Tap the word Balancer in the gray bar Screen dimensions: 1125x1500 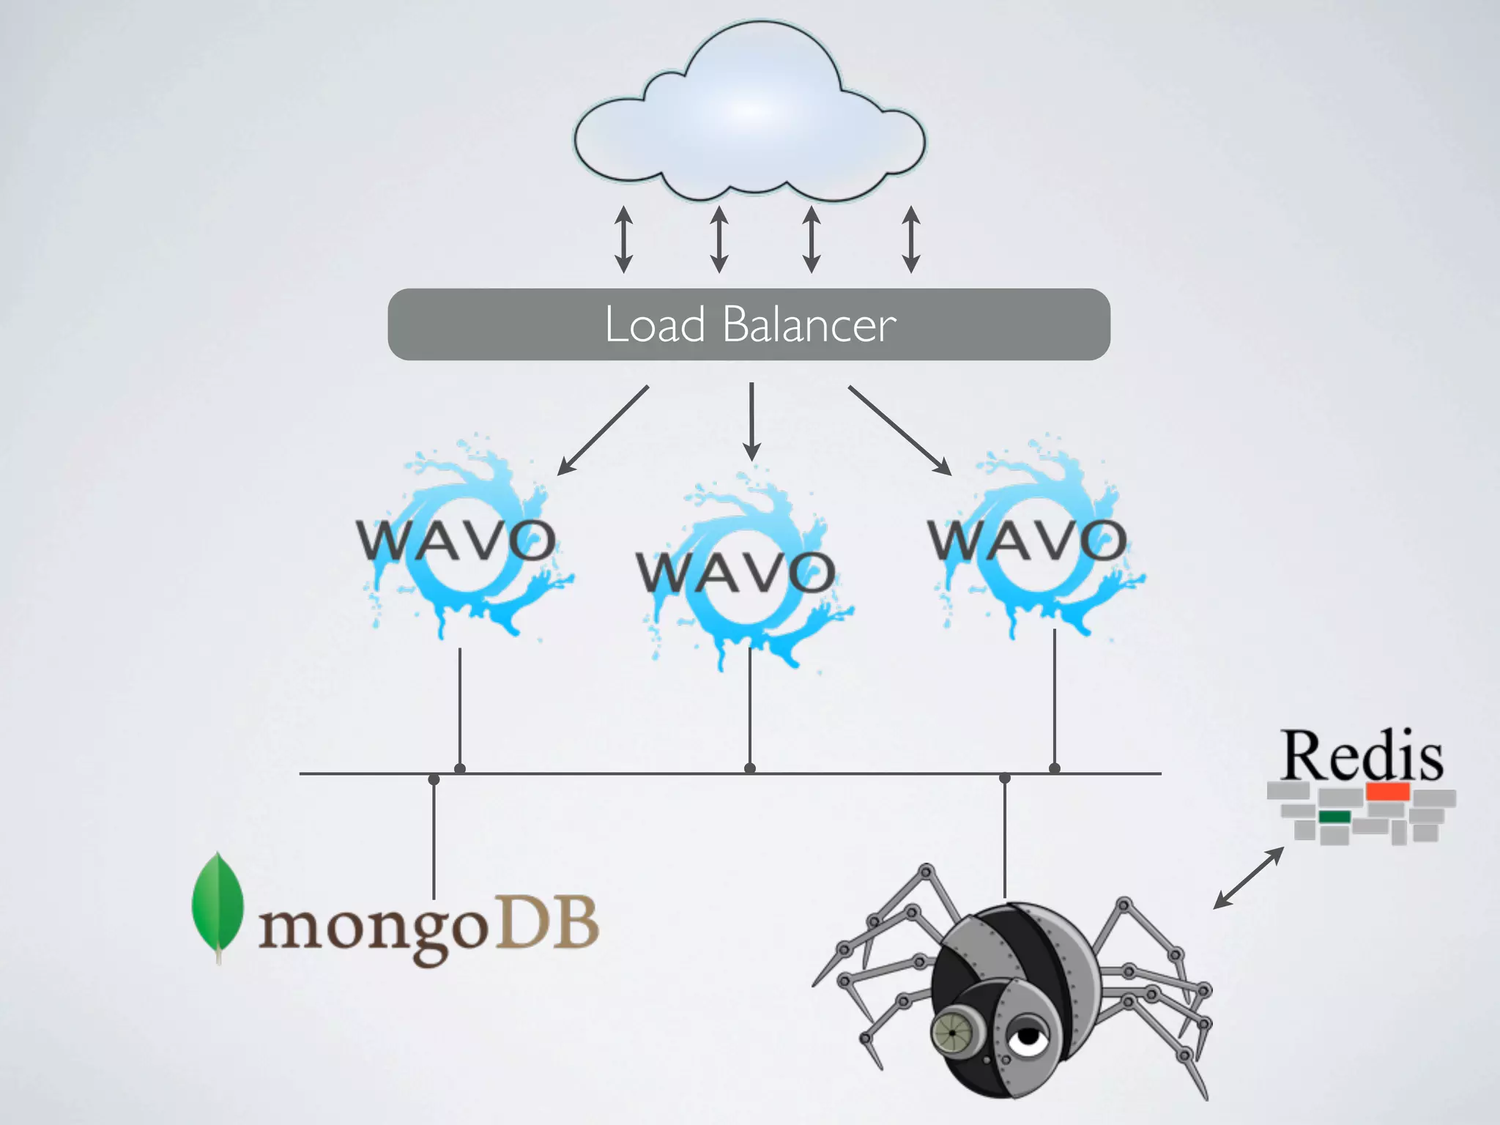click(809, 325)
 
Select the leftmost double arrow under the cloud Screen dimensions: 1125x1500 click(623, 240)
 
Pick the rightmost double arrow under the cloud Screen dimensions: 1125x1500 click(910, 240)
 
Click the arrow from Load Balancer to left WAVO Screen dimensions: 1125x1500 click(603, 430)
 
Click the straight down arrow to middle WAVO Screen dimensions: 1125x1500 click(751, 421)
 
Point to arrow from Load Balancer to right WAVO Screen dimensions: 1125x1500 click(899, 430)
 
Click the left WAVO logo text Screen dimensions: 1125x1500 click(456, 541)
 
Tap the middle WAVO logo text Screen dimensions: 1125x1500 click(735, 572)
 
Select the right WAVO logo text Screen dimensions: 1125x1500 click(1027, 541)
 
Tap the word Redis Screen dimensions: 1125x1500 click(1362, 757)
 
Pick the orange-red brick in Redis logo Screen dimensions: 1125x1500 click(1387, 791)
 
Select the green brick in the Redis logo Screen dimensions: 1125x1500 click(1334, 817)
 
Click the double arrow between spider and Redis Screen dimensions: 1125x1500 click(1249, 878)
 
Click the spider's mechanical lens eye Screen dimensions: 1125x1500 click(952, 1032)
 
